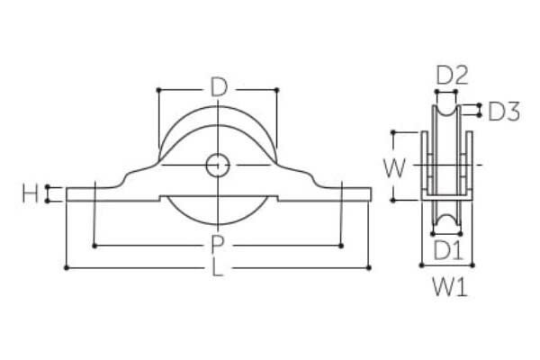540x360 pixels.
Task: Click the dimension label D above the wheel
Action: (x=219, y=87)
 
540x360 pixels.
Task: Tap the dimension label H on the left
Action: (x=30, y=193)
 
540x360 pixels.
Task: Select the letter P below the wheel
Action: (x=217, y=245)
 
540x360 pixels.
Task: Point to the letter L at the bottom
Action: (x=217, y=267)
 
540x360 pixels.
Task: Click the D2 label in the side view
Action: (x=452, y=76)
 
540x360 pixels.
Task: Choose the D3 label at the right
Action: (x=504, y=112)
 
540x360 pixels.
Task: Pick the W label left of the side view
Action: (x=395, y=168)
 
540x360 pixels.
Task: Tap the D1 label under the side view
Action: (x=447, y=250)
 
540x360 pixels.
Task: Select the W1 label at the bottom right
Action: (x=450, y=287)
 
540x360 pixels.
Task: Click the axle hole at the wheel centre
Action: (x=218, y=166)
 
